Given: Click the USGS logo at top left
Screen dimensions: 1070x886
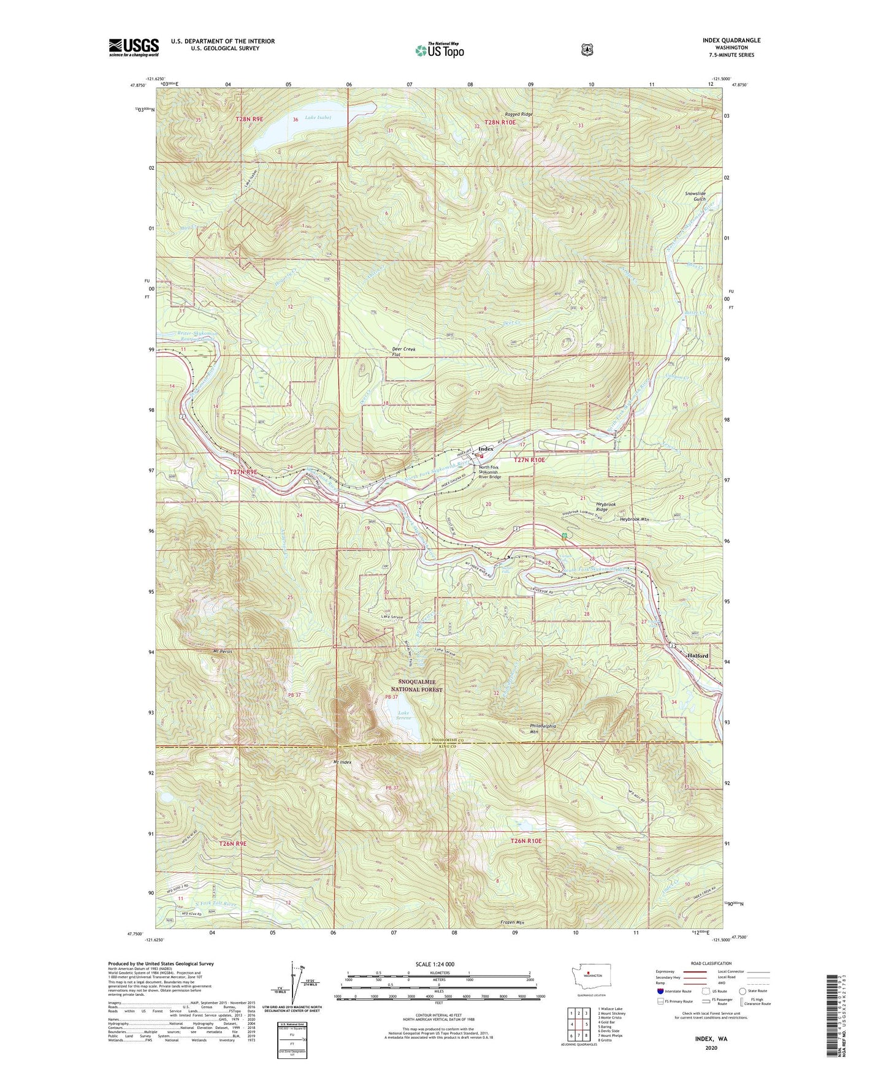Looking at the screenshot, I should click(x=134, y=47).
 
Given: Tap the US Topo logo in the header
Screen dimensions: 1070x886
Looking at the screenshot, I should click(x=439, y=50).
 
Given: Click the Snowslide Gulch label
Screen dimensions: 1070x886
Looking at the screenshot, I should click(x=695, y=196).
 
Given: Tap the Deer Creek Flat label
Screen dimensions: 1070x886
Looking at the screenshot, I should click(x=403, y=352).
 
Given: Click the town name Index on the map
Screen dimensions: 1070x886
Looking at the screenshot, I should click(x=486, y=449).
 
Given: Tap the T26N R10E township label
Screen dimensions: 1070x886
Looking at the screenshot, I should click(x=525, y=841).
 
